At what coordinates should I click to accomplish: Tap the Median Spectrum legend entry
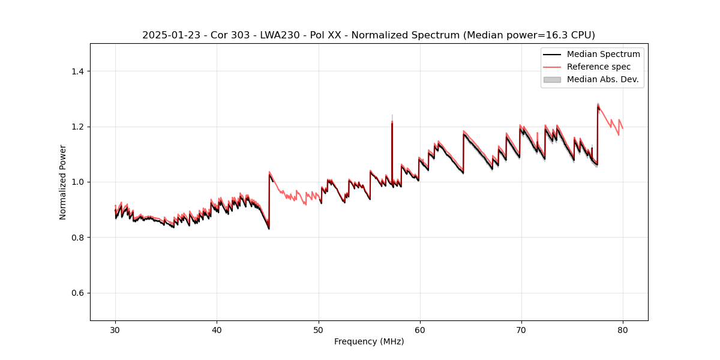point(603,54)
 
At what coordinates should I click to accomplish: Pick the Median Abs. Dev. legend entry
point(602,79)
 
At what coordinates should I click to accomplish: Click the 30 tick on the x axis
point(115,330)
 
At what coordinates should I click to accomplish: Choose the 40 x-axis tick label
point(217,330)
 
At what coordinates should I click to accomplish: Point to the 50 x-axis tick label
point(318,330)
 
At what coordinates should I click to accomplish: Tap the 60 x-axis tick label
point(419,330)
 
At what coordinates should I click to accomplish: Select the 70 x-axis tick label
point(521,330)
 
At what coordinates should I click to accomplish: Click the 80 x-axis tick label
point(622,330)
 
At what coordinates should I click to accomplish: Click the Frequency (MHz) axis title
point(369,341)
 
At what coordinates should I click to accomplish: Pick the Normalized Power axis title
point(63,182)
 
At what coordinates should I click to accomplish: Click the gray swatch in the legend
point(552,79)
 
